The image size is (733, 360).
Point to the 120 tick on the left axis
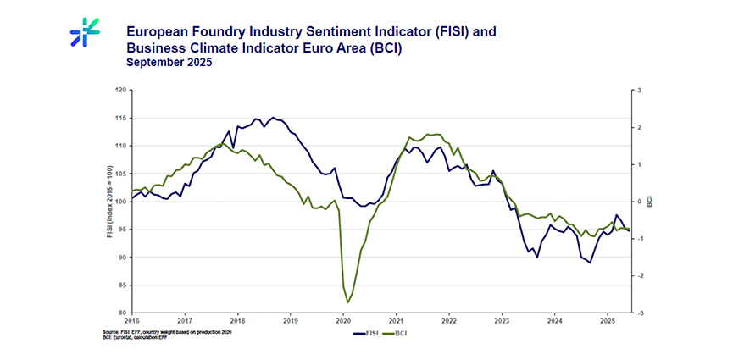tap(120, 90)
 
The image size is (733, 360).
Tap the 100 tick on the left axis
tap(120, 202)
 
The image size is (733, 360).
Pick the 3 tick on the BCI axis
tap(640, 90)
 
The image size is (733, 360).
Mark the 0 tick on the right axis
tap(640, 202)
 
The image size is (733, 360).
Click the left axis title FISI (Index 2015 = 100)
tap(109, 202)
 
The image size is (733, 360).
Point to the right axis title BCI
tap(649, 202)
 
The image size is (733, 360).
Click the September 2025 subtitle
tap(169, 63)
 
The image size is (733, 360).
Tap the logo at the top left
tap(85, 30)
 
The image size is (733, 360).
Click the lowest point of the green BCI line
tap(347, 302)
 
